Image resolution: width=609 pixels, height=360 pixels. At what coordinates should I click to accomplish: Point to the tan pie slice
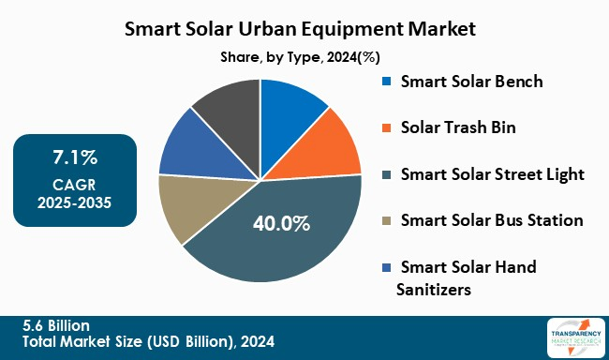point(187,206)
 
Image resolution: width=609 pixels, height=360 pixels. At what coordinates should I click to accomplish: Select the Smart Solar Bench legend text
point(471,81)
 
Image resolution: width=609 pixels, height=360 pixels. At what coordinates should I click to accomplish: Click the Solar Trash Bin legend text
point(459,127)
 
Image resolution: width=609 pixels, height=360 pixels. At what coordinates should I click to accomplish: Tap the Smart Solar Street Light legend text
point(492,174)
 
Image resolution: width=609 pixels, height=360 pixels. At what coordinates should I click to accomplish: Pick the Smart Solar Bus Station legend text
point(491,221)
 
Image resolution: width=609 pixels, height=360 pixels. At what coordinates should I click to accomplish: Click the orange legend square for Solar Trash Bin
point(386,128)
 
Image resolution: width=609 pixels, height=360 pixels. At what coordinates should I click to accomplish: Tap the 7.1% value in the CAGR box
point(75,155)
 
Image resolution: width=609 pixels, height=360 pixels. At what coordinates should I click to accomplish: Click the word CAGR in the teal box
point(75,184)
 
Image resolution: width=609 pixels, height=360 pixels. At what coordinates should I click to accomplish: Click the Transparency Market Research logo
point(572,337)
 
